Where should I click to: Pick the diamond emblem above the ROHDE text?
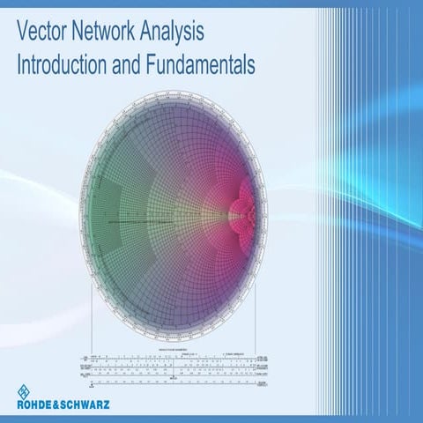[x=24, y=391]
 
